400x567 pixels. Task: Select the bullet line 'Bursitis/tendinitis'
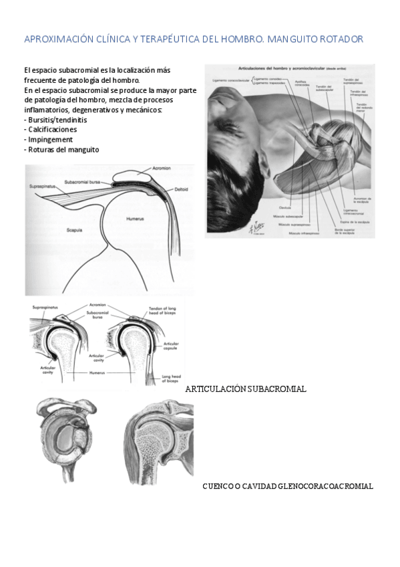tap(50, 119)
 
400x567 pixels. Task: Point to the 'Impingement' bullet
tap(49, 139)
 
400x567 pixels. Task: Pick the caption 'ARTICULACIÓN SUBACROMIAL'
tap(246, 388)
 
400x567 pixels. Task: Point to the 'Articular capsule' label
tap(172, 346)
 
